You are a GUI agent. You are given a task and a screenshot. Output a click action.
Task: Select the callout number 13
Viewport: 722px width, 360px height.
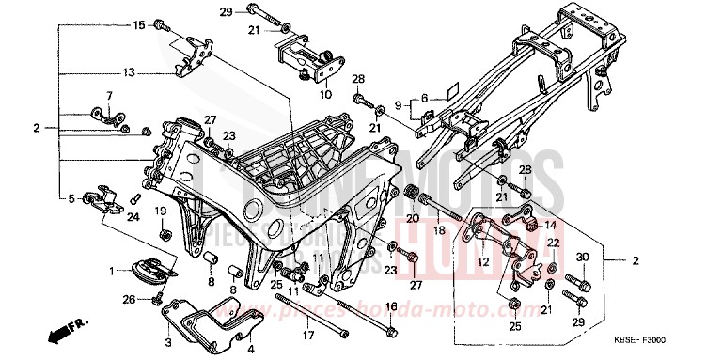pyautogui.click(x=129, y=71)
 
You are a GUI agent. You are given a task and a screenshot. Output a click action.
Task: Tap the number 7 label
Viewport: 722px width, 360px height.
pyautogui.click(x=108, y=96)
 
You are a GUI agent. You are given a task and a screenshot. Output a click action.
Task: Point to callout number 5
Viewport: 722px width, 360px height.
pyautogui.click(x=71, y=198)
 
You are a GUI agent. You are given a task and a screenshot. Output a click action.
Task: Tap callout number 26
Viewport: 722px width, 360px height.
pyautogui.click(x=128, y=300)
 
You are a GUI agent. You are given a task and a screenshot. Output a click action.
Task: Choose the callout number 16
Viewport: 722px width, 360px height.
pyautogui.click(x=392, y=306)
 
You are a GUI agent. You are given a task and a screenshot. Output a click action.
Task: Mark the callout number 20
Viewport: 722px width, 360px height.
pyautogui.click(x=411, y=218)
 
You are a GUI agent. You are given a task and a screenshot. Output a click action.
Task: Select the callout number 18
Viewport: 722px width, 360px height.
pyautogui.click(x=438, y=229)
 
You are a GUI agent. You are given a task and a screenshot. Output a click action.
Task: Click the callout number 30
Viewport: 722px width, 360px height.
pyautogui.click(x=582, y=258)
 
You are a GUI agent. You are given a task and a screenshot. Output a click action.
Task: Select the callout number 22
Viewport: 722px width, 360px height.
pyautogui.click(x=553, y=243)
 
